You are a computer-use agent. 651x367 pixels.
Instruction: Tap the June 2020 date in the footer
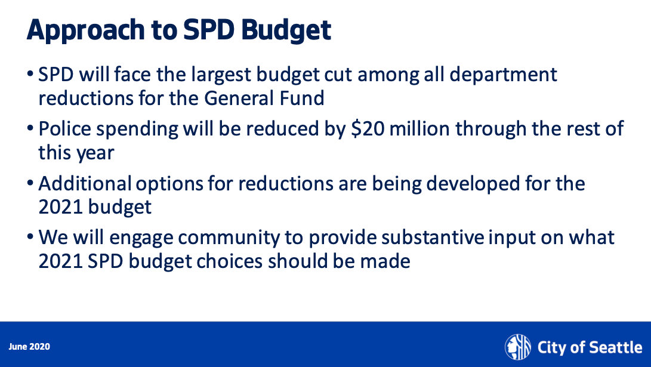(x=29, y=347)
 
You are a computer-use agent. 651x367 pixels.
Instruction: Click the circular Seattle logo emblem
(x=517, y=347)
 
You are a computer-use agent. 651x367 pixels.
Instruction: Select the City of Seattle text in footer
(x=590, y=347)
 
